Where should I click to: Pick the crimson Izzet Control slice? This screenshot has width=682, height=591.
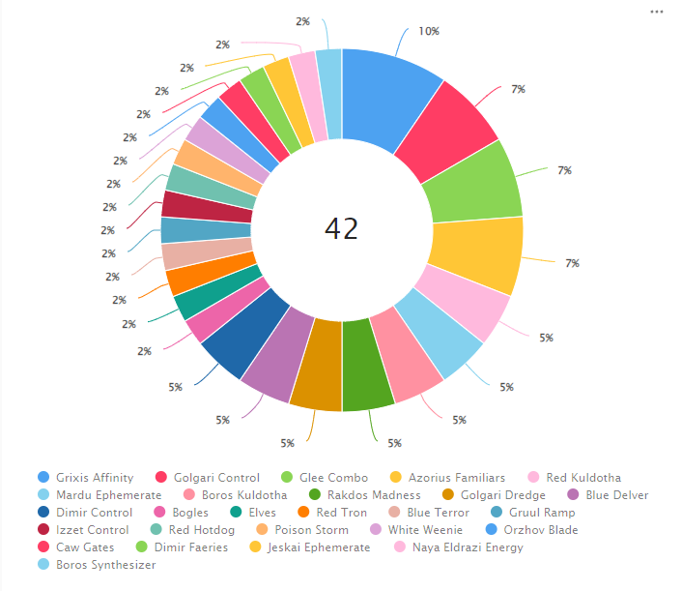click(x=181, y=203)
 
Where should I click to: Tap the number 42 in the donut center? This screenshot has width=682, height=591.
click(x=341, y=229)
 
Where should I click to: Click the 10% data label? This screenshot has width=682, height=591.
click(x=428, y=31)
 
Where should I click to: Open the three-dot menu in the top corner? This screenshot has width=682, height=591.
click(x=657, y=12)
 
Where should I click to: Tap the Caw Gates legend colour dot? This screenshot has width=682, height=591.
click(x=43, y=547)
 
